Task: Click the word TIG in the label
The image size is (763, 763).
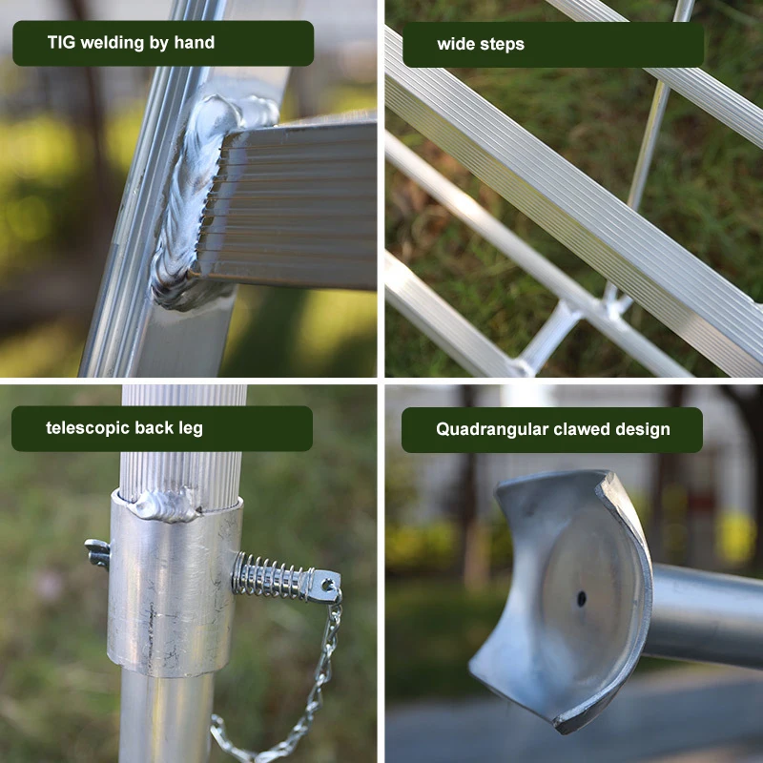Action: coord(62,43)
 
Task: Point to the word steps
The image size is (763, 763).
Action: coord(503,45)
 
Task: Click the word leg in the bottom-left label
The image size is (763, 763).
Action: coord(190,428)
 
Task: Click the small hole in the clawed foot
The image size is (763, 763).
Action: coord(581,599)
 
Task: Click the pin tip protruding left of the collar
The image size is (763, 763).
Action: coord(95,551)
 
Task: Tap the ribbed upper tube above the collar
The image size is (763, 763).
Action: coord(181,439)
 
